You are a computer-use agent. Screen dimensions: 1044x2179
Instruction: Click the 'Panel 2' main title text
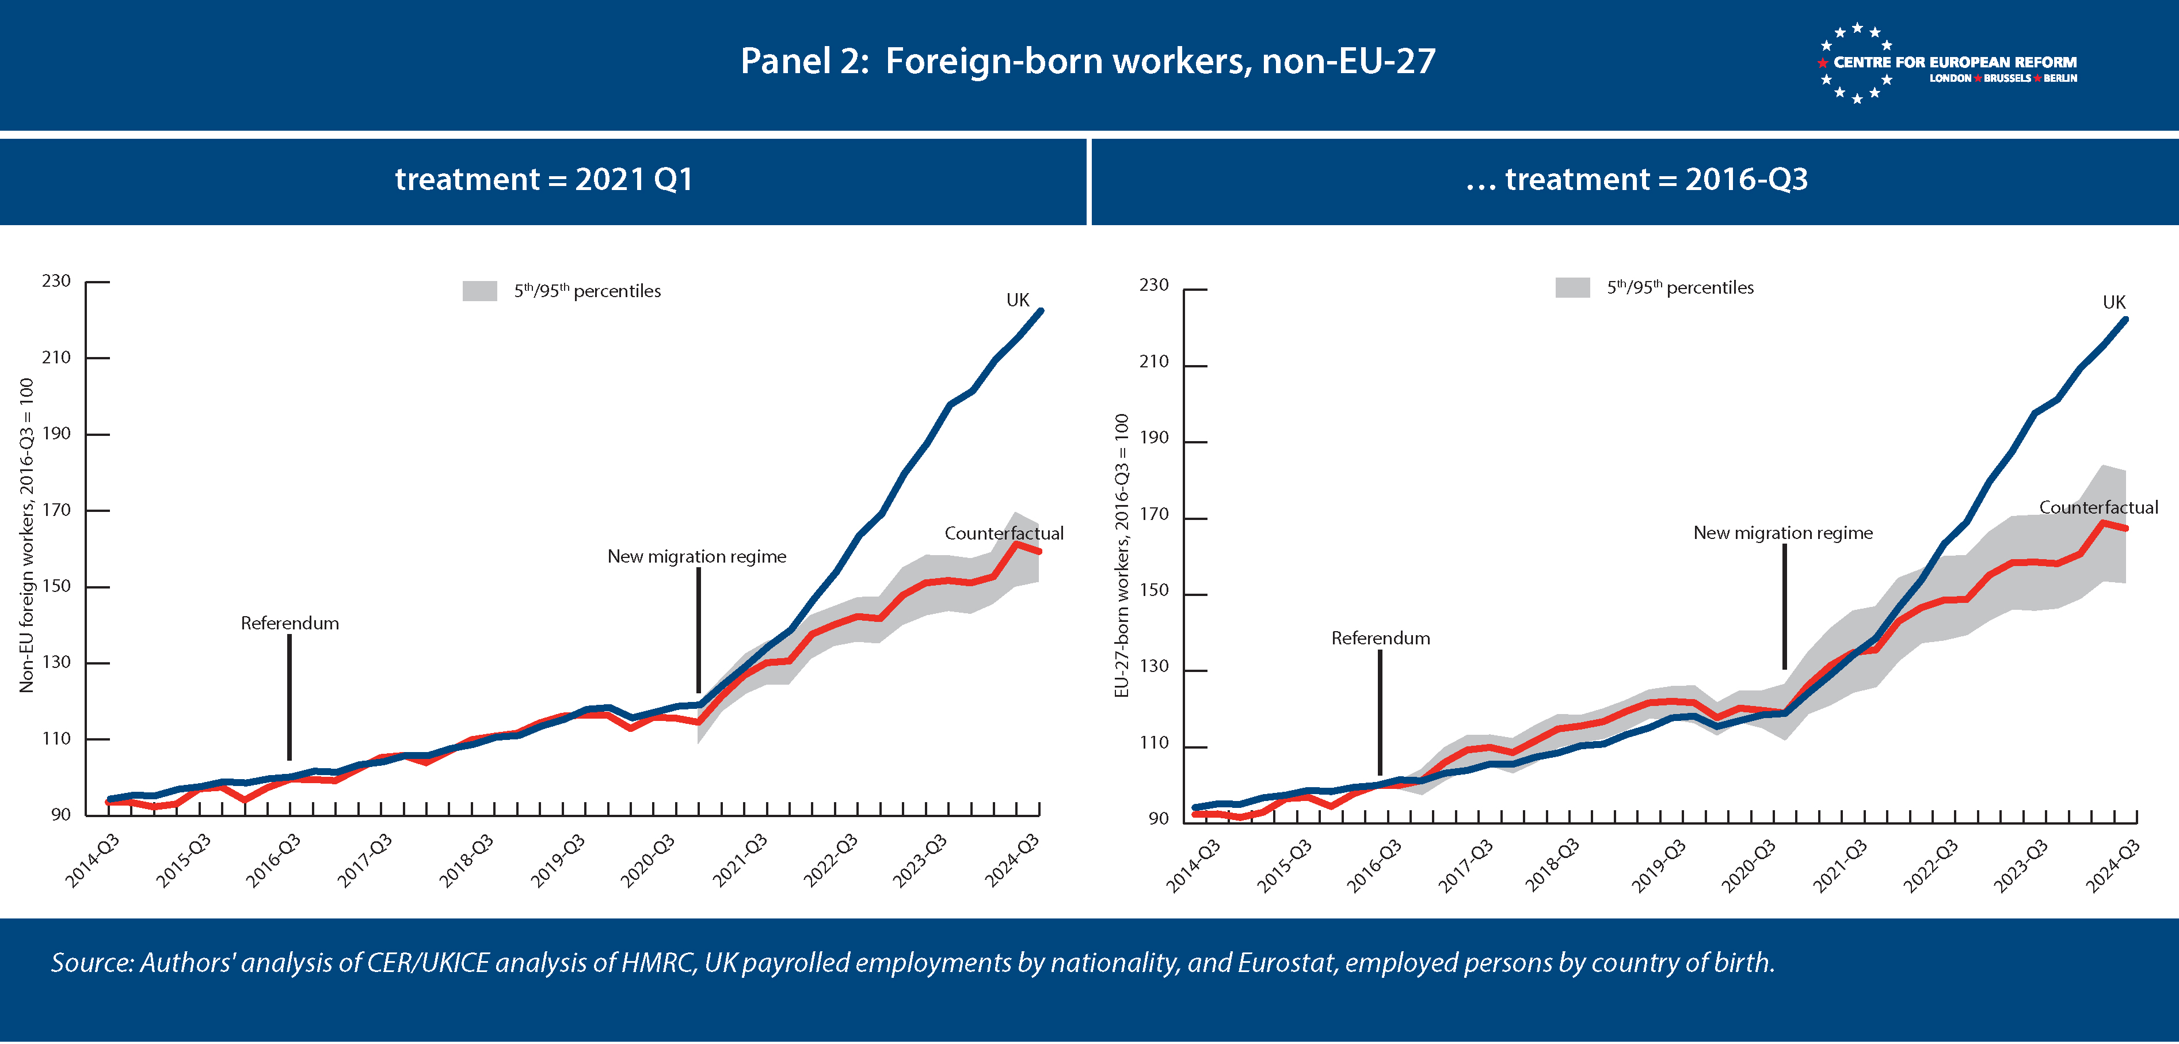click(x=1088, y=61)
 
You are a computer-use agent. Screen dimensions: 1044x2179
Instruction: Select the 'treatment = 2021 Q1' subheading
click(x=544, y=179)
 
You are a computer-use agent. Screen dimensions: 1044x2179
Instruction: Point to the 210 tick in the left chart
click(x=56, y=357)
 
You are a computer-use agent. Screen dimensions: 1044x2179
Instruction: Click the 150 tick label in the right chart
click(x=1154, y=591)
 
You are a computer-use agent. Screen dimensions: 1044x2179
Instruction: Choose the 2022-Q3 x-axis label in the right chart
click(x=1930, y=865)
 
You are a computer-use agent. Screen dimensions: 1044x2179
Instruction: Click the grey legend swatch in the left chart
click(x=479, y=291)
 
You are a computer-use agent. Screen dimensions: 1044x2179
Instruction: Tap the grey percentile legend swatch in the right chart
click(x=1572, y=288)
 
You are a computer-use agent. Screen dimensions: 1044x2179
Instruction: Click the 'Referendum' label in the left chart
click(x=289, y=624)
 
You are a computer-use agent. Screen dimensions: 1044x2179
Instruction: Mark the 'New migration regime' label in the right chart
click(x=1782, y=533)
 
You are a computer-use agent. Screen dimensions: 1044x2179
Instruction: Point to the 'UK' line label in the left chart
click(x=1018, y=301)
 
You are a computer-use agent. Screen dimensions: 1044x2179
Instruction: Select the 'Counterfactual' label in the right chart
click(x=2098, y=508)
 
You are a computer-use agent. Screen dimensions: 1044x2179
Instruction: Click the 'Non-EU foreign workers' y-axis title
click(x=26, y=536)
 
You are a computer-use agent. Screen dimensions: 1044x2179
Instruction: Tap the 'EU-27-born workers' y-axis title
click(x=1122, y=555)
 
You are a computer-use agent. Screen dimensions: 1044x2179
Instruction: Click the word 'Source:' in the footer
click(x=92, y=963)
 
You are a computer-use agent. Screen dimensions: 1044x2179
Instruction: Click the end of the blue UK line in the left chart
click(x=1041, y=312)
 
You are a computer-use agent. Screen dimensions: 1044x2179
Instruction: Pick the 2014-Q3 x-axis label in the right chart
click(x=1193, y=865)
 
